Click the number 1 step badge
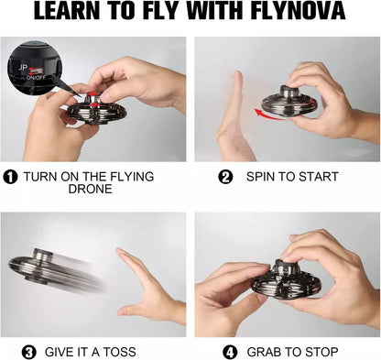point(10,177)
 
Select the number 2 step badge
point(225,177)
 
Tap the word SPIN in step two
point(265,177)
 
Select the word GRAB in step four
point(264,351)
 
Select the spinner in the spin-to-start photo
point(289,99)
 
